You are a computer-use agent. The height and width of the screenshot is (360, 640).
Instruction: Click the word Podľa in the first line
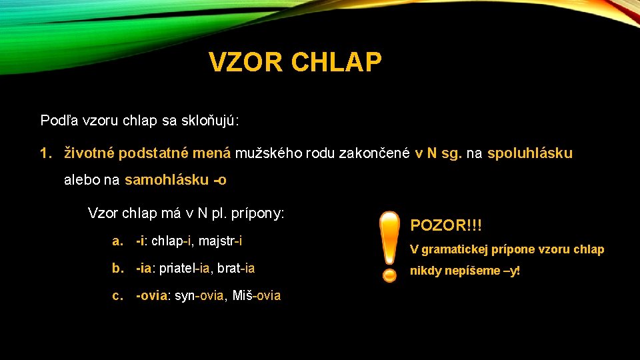tap(58, 121)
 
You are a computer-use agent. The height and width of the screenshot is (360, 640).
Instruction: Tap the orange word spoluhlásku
tap(529, 153)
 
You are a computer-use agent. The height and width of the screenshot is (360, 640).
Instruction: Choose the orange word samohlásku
tap(166, 180)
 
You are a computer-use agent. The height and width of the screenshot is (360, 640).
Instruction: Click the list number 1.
tap(45, 153)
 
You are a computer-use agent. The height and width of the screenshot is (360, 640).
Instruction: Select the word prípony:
tap(257, 213)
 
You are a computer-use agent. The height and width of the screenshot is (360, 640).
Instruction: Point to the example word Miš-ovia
tap(257, 295)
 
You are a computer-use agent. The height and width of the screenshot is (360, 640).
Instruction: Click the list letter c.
tap(118, 295)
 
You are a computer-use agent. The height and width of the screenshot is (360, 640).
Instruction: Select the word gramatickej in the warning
tap(457, 249)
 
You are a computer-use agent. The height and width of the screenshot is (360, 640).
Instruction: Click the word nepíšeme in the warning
tap(475, 271)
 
